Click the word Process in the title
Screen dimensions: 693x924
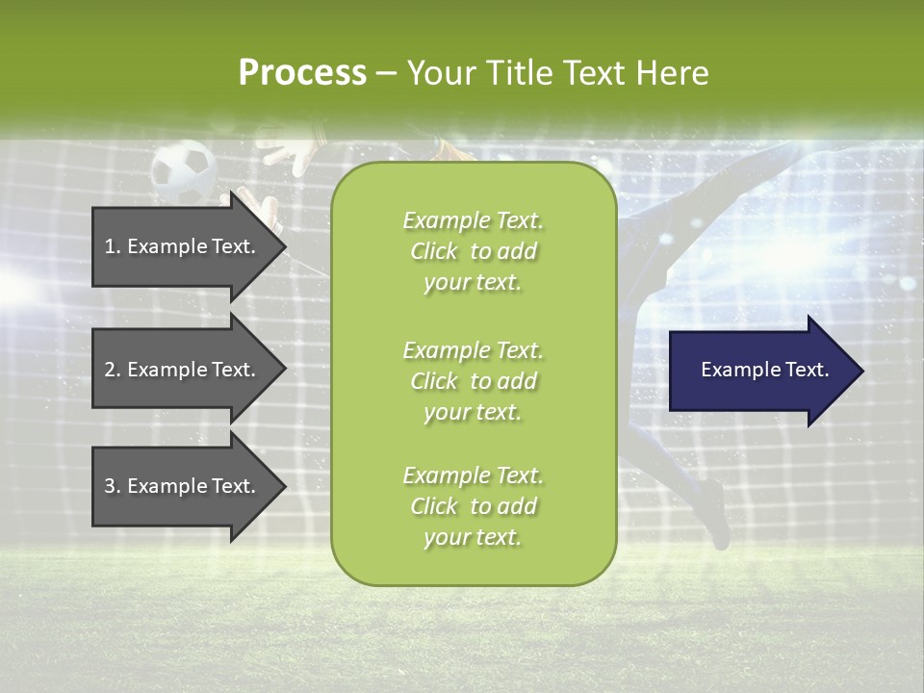tap(302, 73)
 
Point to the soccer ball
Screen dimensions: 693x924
tap(184, 170)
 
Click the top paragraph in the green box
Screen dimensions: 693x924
tap(473, 251)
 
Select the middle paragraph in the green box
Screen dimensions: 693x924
tap(473, 381)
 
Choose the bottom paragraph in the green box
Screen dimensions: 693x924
tap(473, 506)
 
